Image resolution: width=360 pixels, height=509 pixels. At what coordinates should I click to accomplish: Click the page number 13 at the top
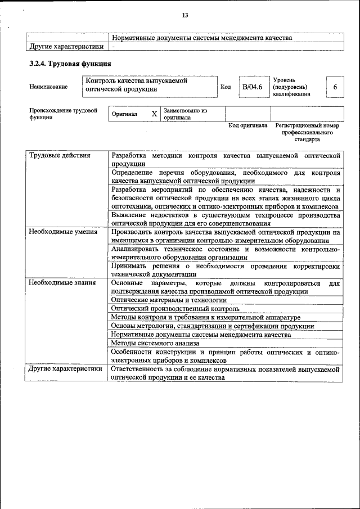pos(184,15)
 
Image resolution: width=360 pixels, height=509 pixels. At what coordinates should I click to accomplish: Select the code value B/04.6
pos(252,87)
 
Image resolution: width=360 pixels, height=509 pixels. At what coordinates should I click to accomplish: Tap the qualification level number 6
pos(335,87)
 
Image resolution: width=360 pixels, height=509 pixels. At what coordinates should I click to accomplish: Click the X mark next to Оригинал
pos(154,114)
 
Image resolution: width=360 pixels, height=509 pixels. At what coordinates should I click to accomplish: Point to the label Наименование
pos(48,87)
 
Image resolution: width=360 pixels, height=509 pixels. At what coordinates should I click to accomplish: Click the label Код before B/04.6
pos(226,87)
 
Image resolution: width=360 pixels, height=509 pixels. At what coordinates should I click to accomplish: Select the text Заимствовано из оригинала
pos(185,114)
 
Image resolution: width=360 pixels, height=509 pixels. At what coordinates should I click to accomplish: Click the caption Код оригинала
pos(247,126)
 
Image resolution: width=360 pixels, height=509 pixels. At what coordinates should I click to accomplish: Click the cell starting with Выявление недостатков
pos(225,219)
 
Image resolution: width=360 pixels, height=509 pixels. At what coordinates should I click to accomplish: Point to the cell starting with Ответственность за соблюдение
pos(225,373)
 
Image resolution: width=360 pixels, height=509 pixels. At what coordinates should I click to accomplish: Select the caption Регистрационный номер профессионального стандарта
pos(307,132)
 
